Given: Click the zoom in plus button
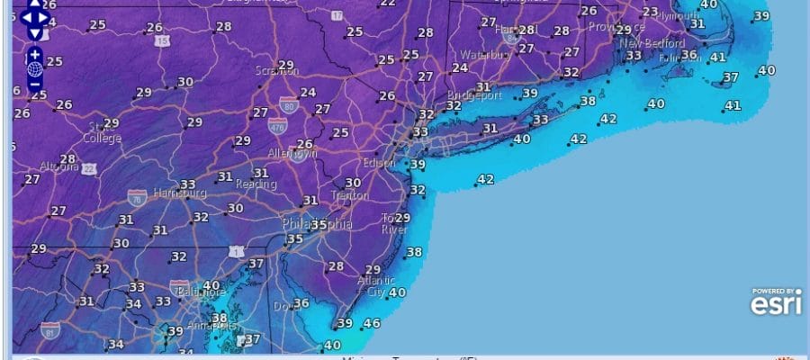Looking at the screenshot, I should (35, 53).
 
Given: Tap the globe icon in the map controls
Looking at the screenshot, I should (35, 68).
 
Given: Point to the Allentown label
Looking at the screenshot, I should (293, 155).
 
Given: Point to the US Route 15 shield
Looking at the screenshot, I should (161, 41).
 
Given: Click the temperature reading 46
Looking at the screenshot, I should (371, 324).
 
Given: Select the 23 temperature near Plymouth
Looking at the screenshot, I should (650, 12).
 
